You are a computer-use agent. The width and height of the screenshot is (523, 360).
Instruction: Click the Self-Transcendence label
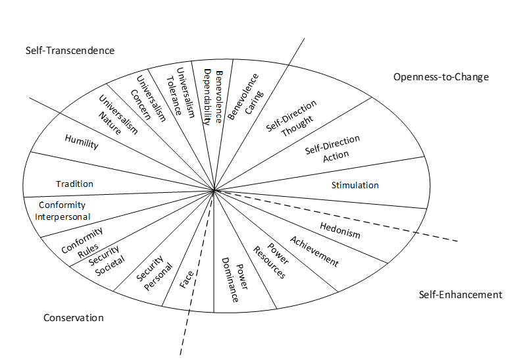pos(70,51)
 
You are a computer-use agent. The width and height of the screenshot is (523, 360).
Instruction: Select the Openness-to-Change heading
pos(441,77)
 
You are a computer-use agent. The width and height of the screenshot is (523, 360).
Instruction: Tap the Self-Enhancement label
pos(460,294)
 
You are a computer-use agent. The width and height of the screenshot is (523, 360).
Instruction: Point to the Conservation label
pos(74,318)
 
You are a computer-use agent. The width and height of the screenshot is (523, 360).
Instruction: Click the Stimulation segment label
pos(355,185)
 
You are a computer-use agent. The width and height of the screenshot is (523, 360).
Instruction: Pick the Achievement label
pos(314,251)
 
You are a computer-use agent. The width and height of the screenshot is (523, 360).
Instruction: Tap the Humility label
pos(82,141)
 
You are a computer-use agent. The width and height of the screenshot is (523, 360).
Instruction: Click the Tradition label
pos(74,184)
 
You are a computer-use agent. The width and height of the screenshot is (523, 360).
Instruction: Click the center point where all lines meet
pos(214,191)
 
